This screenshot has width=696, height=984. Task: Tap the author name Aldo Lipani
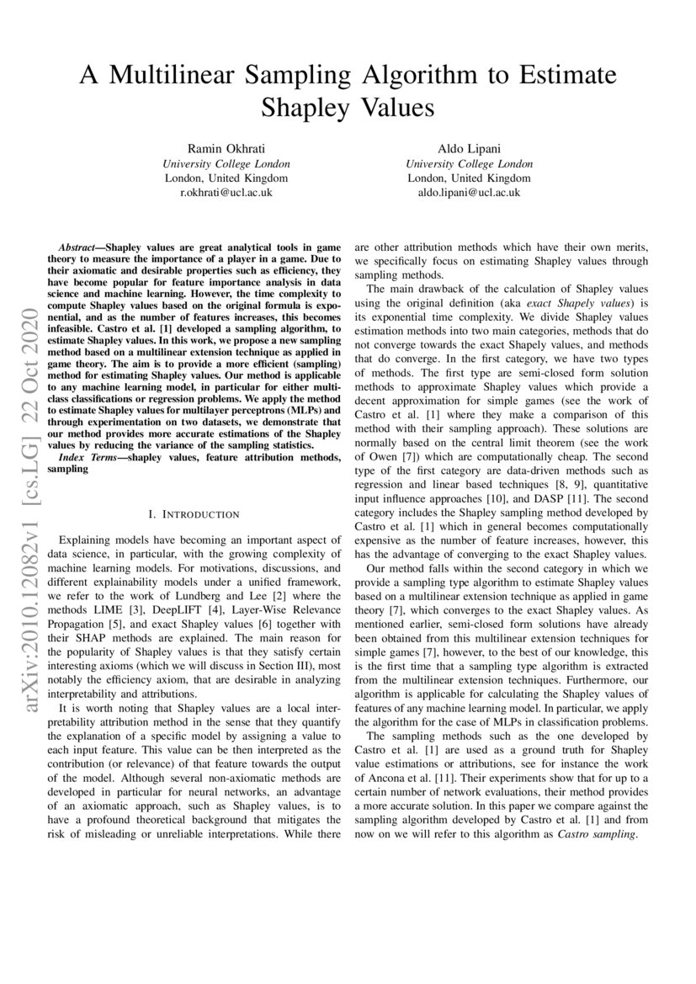point(469,148)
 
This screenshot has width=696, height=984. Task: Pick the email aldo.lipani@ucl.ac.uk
point(469,193)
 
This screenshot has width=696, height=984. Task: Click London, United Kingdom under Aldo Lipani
point(469,178)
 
